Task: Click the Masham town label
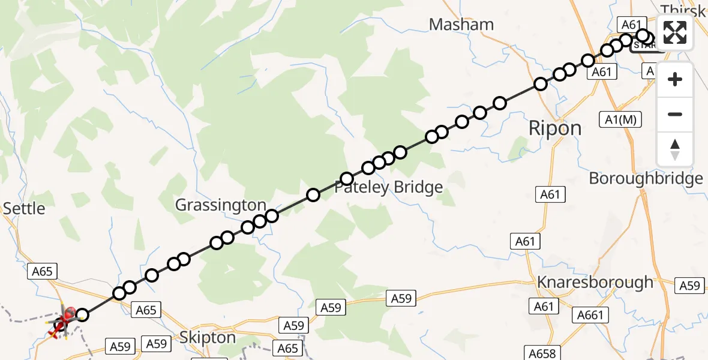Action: [x=461, y=25]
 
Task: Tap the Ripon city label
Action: [x=554, y=128]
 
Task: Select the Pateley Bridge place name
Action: [x=388, y=187]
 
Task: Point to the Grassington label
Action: [x=220, y=205]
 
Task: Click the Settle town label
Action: [x=24, y=208]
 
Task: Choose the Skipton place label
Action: [x=208, y=338]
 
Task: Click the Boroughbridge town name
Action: [x=646, y=178]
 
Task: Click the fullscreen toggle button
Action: [x=675, y=32]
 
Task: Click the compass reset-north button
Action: [x=675, y=149]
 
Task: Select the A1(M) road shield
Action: [x=620, y=119]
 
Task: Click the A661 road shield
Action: [x=591, y=314]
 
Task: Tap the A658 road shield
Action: [x=542, y=353]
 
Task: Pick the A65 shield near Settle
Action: [x=43, y=271]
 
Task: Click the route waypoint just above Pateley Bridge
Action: [x=347, y=179]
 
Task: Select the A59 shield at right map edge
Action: [x=691, y=286]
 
